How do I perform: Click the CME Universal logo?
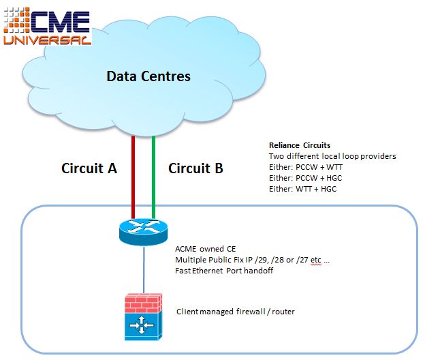(x=47, y=26)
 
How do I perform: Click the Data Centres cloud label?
(x=148, y=76)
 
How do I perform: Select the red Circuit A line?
(x=133, y=177)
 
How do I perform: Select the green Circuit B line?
(x=153, y=177)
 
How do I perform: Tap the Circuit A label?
(x=89, y=168)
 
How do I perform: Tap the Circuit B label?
(x=195, y=168)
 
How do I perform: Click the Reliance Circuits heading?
(x=300, y=145)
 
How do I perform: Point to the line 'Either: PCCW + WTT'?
(x=306, y=167)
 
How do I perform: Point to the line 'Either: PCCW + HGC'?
(x=305, y=178)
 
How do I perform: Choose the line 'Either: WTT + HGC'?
(x=303, y=189)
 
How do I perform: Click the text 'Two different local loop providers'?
(x=332, y=156)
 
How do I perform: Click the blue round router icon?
(x=144, y=232)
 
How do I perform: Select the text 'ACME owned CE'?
(x=206, y=249)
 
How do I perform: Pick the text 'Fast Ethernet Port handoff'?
(x=224, y=271)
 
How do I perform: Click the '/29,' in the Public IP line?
(x=261, y=260)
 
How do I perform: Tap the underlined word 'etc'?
(x=316, y=260)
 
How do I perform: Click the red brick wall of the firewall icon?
(x=143, y=303)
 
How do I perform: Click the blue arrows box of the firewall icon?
(x=142, y=325)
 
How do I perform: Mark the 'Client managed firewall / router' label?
(x=235, y=312)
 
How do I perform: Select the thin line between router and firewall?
(x=144, y=269)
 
